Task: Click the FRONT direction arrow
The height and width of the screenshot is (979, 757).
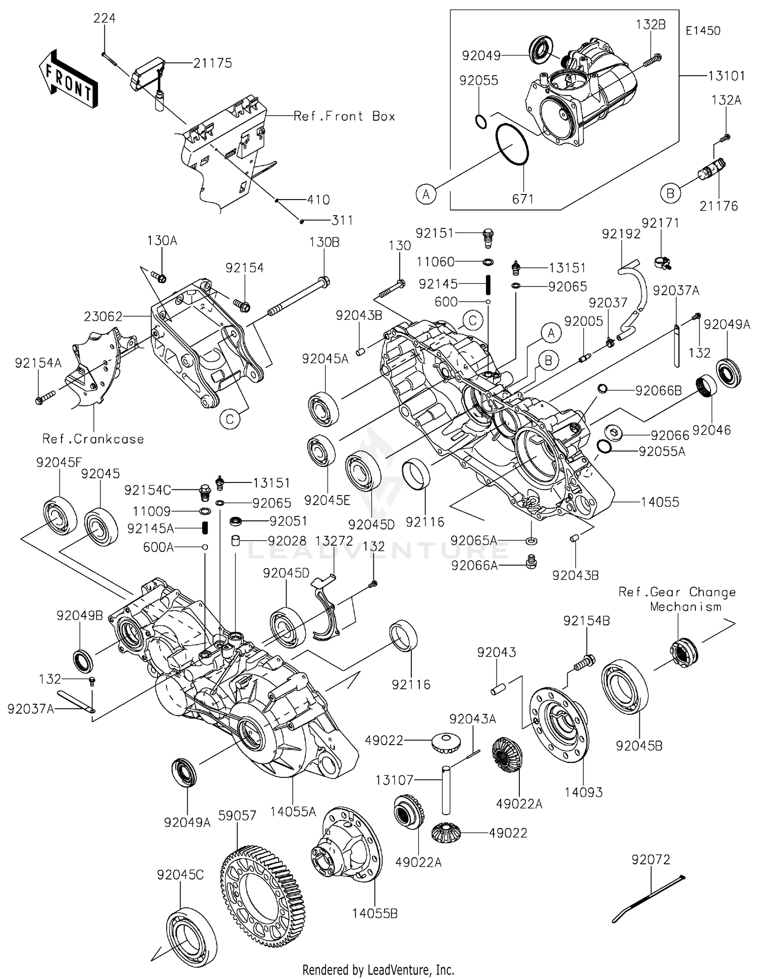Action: coord(68,79)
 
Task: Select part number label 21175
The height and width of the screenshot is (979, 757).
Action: coord(212,63)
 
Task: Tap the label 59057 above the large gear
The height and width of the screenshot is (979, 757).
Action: coord(238,815)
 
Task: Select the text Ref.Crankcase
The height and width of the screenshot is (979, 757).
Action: coord(93,439)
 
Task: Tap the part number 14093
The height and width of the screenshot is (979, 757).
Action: coord(583,792)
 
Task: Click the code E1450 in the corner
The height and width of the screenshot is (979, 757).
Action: coord(703,30)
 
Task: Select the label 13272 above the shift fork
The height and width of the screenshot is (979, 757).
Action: coord(334,541)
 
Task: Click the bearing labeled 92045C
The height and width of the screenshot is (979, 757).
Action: coord(192,934)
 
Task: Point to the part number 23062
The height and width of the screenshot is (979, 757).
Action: coord(103,316)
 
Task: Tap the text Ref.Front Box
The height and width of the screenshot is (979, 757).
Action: coord(344,116)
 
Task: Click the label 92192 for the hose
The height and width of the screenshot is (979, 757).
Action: coord(621,233)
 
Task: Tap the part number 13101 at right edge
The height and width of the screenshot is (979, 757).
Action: coord(726,76)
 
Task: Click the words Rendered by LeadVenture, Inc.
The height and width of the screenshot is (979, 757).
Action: coord(378,969)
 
